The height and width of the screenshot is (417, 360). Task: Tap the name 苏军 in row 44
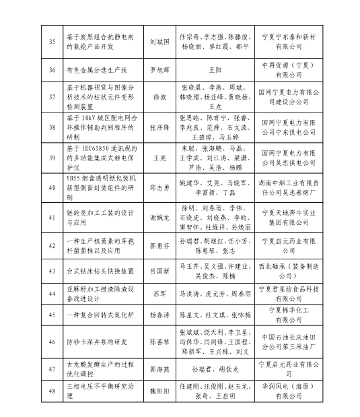(x=159, y=294)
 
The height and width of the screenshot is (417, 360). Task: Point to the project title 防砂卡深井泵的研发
(x=97, y=342)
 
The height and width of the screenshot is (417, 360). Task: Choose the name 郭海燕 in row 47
(x=159, y=370)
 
